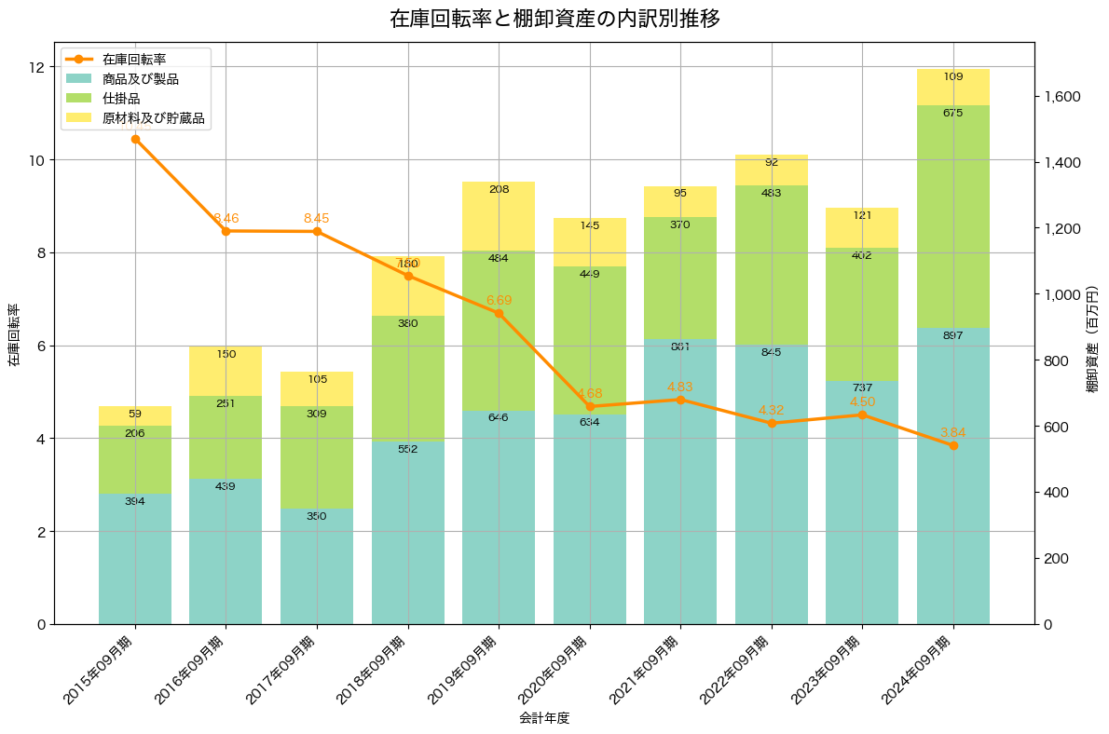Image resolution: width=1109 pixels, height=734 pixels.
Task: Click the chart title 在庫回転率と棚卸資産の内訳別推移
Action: tap(554, 19)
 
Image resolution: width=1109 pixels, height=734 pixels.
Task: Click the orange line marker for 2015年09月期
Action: tap(135, 140)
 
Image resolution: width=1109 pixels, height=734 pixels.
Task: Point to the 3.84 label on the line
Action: tap(952, 432)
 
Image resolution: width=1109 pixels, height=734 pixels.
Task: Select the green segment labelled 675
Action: tap(952, 216)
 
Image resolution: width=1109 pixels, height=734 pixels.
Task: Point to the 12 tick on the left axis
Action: tap(37, 67)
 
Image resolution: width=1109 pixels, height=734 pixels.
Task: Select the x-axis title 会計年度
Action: tap(543, 718)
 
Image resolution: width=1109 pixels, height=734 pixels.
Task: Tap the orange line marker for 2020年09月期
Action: tap(590, 406)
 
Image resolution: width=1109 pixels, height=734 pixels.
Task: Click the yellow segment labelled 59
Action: tap(135, 415)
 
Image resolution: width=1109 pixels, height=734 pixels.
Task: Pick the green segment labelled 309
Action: tap(317, 456)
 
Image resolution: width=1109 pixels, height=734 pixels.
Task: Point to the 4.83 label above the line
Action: tap(680, 386)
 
